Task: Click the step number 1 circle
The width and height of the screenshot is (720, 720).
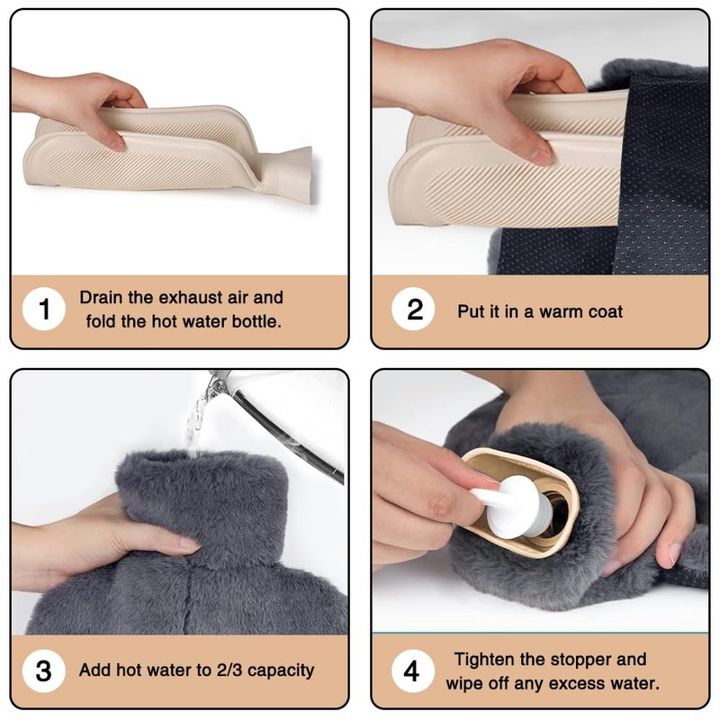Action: (x=43, y=309)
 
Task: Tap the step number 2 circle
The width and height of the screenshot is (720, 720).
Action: (x=413, y=309)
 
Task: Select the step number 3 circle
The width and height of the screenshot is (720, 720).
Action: (x=43, y=670)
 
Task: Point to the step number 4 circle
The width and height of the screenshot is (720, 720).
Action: (x=413, y=670)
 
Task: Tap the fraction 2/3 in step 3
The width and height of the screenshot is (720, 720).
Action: (x=229, y=670)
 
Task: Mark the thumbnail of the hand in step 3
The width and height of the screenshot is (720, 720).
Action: (x=189, y=544)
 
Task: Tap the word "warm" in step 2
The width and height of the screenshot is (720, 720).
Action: (x=561, y=312)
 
